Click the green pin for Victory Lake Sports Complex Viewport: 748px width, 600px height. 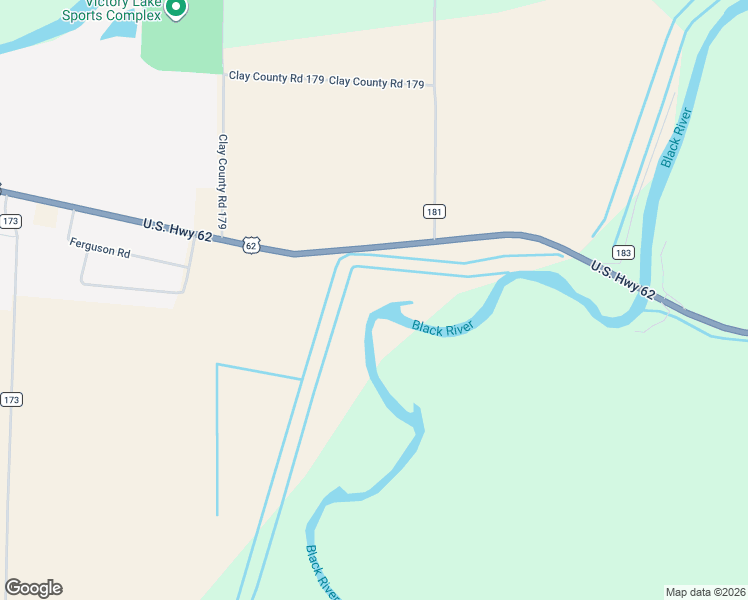click(176, 8)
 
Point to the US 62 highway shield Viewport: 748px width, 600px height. click(250, 244)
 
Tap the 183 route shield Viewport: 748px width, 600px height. click(623, 253)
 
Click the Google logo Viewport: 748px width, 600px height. click(33, 588)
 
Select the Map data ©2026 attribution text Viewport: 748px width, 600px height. click(706, 591)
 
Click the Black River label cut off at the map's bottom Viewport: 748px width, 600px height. click(322, 574)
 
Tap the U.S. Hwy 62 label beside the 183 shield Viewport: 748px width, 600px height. click(622, 280)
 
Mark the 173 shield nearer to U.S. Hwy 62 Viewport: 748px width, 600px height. click(11, 220)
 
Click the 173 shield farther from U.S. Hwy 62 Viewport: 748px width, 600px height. click(11, 399)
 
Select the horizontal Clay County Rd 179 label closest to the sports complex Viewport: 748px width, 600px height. click(276, 77)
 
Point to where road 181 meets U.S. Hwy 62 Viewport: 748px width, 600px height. click(435, 241)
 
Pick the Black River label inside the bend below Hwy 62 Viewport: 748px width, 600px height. click(442, 328)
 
